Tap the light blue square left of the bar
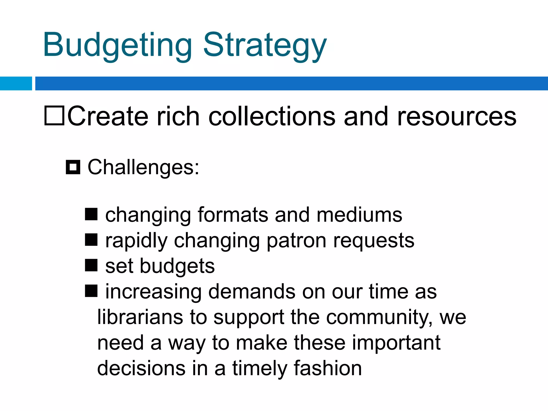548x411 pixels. pos(16,83)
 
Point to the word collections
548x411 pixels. pos(272,116)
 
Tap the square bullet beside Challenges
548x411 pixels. pos(73,167)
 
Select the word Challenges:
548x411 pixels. pos(143,168)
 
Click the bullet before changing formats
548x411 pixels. pos(91,214)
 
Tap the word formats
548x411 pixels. pos(233,215)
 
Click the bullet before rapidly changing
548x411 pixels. pos(91,240)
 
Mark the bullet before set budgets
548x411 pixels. pos(91,265)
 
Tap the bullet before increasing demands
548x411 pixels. pos(91,291)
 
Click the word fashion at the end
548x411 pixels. pos(328,368)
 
